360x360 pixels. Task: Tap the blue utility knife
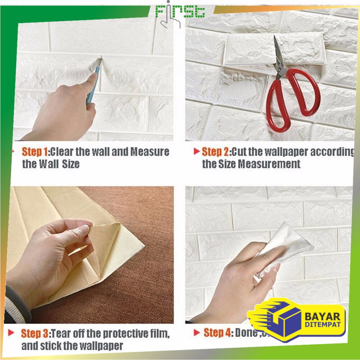[93, 82]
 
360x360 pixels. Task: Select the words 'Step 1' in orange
[35, 152]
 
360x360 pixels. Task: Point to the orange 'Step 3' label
[35, 333]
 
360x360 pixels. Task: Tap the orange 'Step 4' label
[218, 332]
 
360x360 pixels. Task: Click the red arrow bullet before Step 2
[197, 151]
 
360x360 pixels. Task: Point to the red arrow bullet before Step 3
[12, 332]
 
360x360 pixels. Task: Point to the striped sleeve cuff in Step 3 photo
[16, 304]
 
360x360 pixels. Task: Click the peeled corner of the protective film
[101, 227]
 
